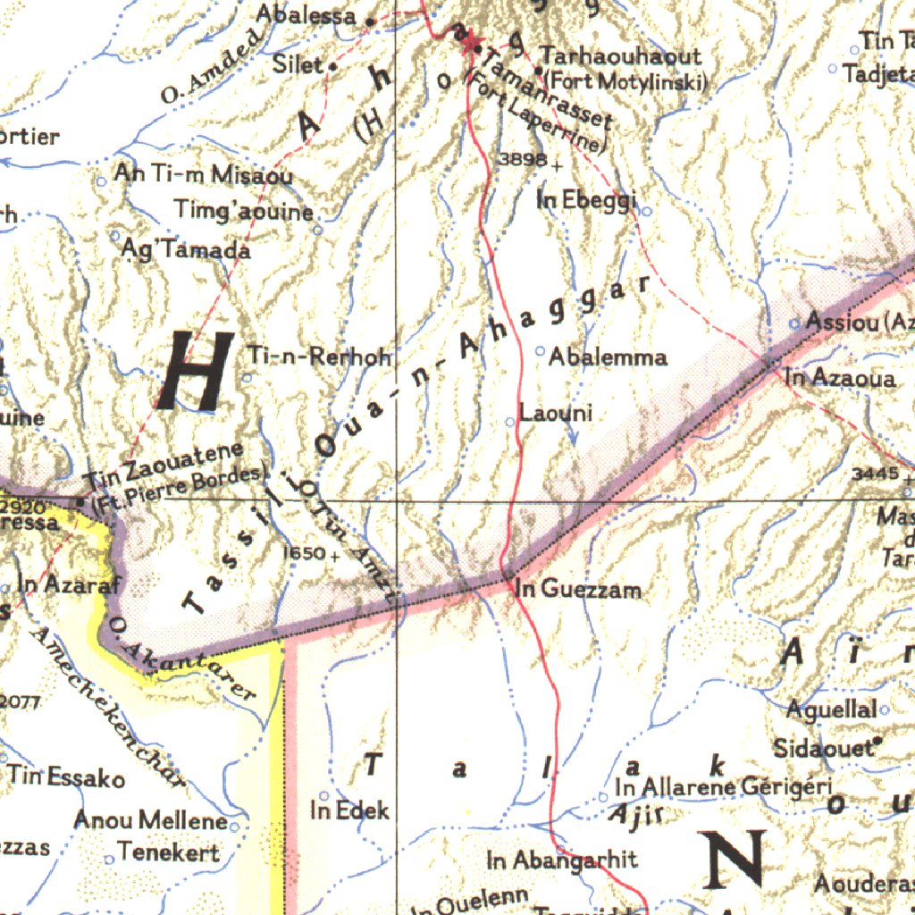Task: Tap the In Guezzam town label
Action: pos(578,589)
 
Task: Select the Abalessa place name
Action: pos(306,14)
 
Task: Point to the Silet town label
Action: pos(298,64)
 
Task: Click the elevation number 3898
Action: pos(523,159)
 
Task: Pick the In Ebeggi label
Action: pos(587,201)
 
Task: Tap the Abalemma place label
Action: pos(608,357)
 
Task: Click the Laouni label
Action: pos(556,414)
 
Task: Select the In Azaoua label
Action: pos(840,379)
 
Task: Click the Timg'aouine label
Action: pos(244,212)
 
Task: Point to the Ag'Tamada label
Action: pos(187,250)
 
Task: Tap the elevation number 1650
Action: pos(304,554)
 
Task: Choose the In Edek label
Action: pos(350,810)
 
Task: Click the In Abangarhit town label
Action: pos(562,860)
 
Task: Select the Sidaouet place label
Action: pos(823,748)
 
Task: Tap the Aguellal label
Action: pos(831,710)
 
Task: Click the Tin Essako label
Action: pos(67,777)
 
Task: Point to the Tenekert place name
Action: pos(168,852)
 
